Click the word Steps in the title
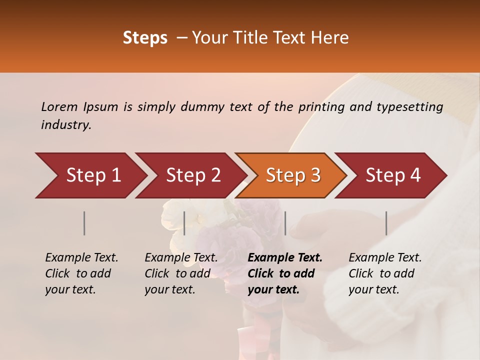145,38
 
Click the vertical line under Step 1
84,223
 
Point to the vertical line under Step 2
184,223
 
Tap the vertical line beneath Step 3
285,223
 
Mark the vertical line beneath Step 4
386,223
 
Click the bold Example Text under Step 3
285,258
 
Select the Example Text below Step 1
81,258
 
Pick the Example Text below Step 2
181,258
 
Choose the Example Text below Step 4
385,258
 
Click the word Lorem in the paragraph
59,106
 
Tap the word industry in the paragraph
66,125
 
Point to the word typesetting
409,107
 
